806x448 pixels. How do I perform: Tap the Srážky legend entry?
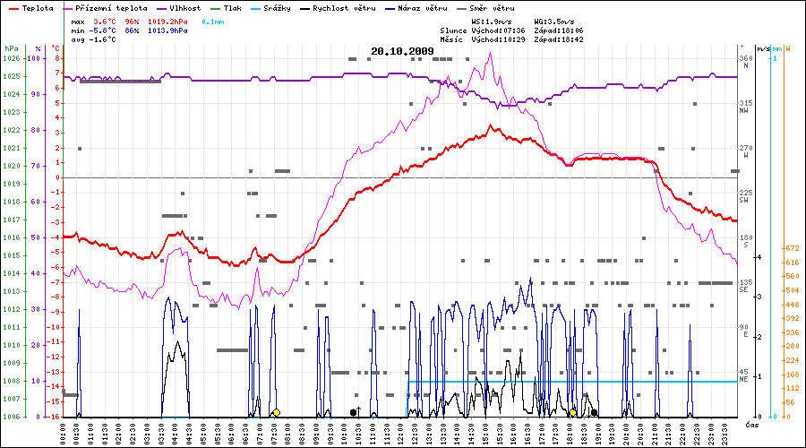(275, 8)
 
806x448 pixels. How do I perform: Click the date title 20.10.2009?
(402, 51)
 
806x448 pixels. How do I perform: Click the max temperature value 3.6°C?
(107, 20)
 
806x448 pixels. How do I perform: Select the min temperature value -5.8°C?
(107, 30)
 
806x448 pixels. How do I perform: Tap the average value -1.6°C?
(107, 40)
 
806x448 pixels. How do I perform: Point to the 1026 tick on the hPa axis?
(11, 58)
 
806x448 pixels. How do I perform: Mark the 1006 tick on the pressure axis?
(11, 417)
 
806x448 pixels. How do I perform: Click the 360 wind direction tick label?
(744, 58)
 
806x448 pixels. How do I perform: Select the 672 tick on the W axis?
(791, 248)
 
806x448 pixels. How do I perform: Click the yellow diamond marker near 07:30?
(276, 412)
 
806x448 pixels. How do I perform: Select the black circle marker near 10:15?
(353, 412)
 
